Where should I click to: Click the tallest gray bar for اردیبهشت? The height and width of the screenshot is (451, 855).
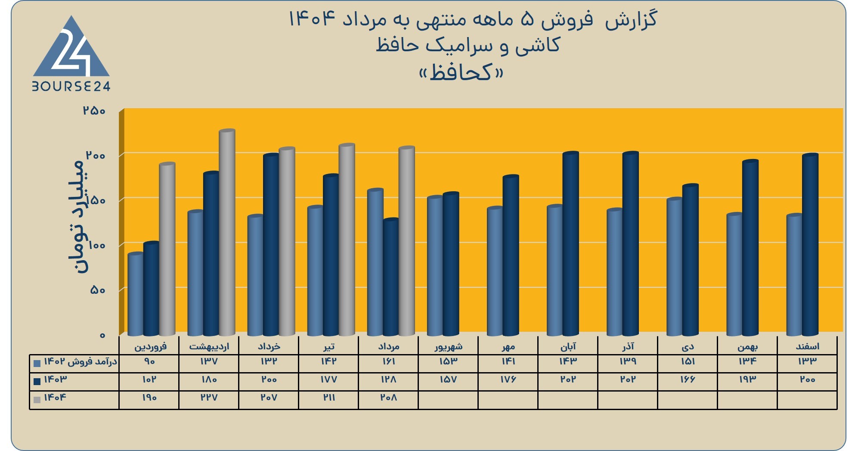click(227, 232)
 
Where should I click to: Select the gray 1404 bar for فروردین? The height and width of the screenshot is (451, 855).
click(167, 249)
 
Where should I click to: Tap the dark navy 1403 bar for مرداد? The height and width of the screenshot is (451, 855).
click(391, 277)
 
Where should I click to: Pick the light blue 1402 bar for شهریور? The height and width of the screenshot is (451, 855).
click(435, 266)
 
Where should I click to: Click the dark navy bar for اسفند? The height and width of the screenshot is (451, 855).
click(810, 244)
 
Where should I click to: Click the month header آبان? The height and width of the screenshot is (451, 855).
click(568, 346)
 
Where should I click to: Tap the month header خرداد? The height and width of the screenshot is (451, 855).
click(269, 346)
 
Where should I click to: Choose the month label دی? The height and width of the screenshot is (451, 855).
click(688, 346)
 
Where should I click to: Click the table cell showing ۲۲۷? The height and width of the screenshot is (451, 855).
click(209, 398)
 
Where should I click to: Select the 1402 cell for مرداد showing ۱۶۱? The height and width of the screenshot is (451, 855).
click(389, 361)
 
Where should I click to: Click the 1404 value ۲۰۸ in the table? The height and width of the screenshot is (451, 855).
click(388, 398)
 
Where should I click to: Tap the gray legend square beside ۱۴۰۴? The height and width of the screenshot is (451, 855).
click(37, 399)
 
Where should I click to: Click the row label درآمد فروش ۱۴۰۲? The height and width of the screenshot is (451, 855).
click(81, 362)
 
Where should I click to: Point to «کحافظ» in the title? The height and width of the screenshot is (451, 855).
click(461, 72)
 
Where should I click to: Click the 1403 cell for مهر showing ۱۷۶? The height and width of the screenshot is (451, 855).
click(508, 379)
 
